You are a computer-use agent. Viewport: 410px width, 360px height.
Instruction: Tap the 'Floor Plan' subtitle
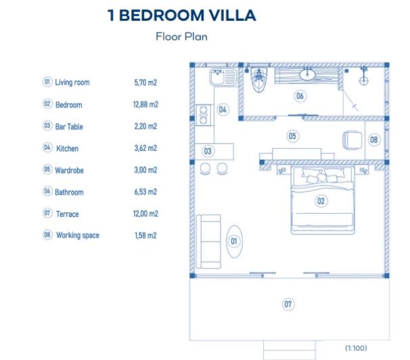tap(181, 37)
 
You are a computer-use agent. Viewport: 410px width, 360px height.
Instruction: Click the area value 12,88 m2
tap(145, 105)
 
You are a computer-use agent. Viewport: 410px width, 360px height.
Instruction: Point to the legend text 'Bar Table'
tap(69, 127)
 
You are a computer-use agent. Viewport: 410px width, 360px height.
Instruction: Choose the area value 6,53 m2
tap(145, 192)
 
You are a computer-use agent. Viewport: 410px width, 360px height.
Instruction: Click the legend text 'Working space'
tap(77, 235)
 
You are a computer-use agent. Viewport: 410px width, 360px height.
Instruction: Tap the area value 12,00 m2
tap(145, 214)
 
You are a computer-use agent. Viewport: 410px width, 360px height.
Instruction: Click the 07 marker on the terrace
tap(288, 305)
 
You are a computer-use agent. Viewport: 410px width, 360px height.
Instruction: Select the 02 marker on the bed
tap(321, 200)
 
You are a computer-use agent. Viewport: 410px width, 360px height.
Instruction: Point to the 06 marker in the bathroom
tap(300, 96)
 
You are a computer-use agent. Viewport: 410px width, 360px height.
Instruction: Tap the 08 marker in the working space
tap(375, 139)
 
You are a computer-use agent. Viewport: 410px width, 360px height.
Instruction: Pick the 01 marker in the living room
tap(234, 240)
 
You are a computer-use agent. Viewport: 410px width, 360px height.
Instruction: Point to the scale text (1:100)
tap(357, 348)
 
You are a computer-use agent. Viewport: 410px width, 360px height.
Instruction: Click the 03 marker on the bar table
tap(208, 151)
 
